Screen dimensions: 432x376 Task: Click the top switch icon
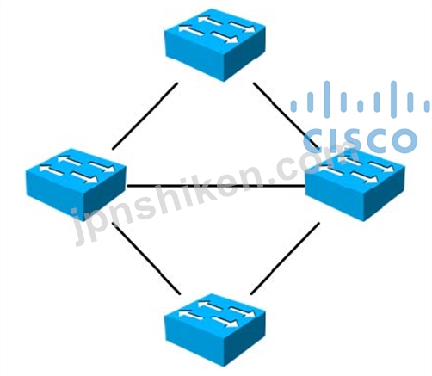point(215,45)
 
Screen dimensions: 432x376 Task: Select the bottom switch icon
point(215,330)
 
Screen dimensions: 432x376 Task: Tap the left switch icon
point(76,184)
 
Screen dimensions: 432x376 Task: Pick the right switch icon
point(355,184)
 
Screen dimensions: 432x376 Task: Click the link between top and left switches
point(145,116)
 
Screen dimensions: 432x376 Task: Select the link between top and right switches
point(287,115)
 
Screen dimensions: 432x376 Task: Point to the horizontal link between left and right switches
point(216,186)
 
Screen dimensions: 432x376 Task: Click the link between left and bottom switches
point(147,259)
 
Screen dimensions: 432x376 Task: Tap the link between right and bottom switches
point(285,258)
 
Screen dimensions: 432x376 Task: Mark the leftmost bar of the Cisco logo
point(293,106)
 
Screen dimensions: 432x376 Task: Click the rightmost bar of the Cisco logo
point(427,106)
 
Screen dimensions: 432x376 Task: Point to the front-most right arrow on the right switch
point(365,177)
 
